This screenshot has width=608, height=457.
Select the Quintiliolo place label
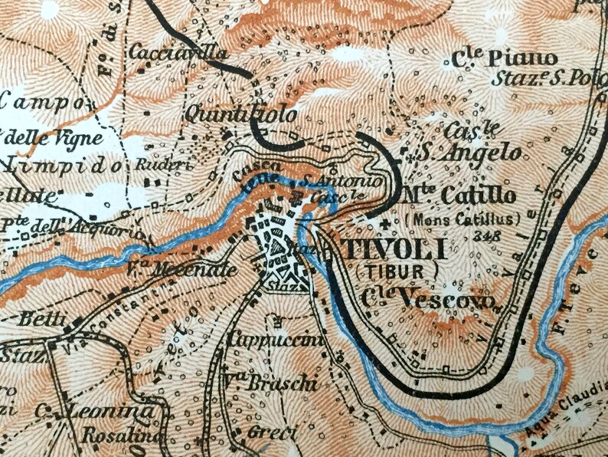240,115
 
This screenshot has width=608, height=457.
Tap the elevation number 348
488,235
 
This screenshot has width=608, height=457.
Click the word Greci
271,432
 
